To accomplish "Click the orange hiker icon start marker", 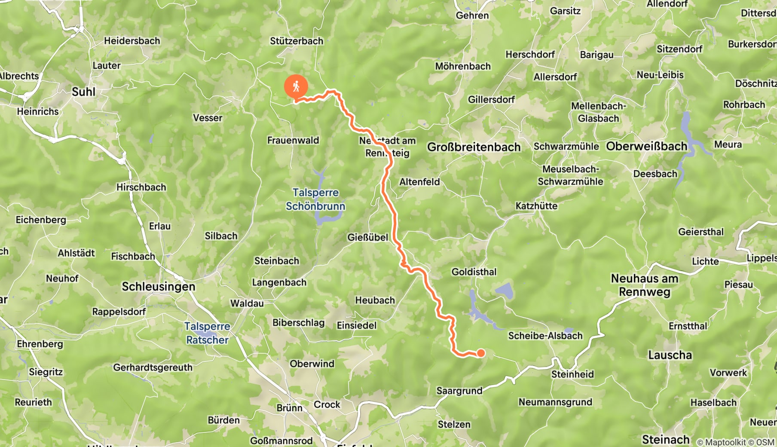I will click(x=296, y=86).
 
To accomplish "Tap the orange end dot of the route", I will click(x=481, y=353).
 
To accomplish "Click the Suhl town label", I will click(x=84, y=92).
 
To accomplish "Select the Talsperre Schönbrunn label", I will click(x=315, y=199).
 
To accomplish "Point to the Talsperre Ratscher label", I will click(x=207, y=333).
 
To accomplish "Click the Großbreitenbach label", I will click(x=474, y=147).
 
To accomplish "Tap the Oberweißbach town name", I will click(x=646, y=146).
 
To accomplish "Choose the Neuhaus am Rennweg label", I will click(x=645, y=285).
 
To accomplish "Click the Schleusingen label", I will click(x=159, y=287).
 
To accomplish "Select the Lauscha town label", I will click(x=670, y=355).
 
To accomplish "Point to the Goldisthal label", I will click(x=474, y=272).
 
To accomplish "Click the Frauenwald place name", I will click(x=293, y=140).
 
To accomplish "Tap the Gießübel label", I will click(x=367, y=237).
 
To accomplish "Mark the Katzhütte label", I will click(x=536, y=206).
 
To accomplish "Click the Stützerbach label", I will click(x=297, y=41).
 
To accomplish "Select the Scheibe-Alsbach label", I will click(x=545, y=336).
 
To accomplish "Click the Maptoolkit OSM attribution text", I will click(x=735, y=442).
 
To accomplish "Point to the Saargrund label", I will click(x=459, y=391).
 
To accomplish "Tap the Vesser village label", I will click(x=208, y=118).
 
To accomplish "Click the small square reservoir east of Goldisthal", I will click(x=505, y=291).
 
